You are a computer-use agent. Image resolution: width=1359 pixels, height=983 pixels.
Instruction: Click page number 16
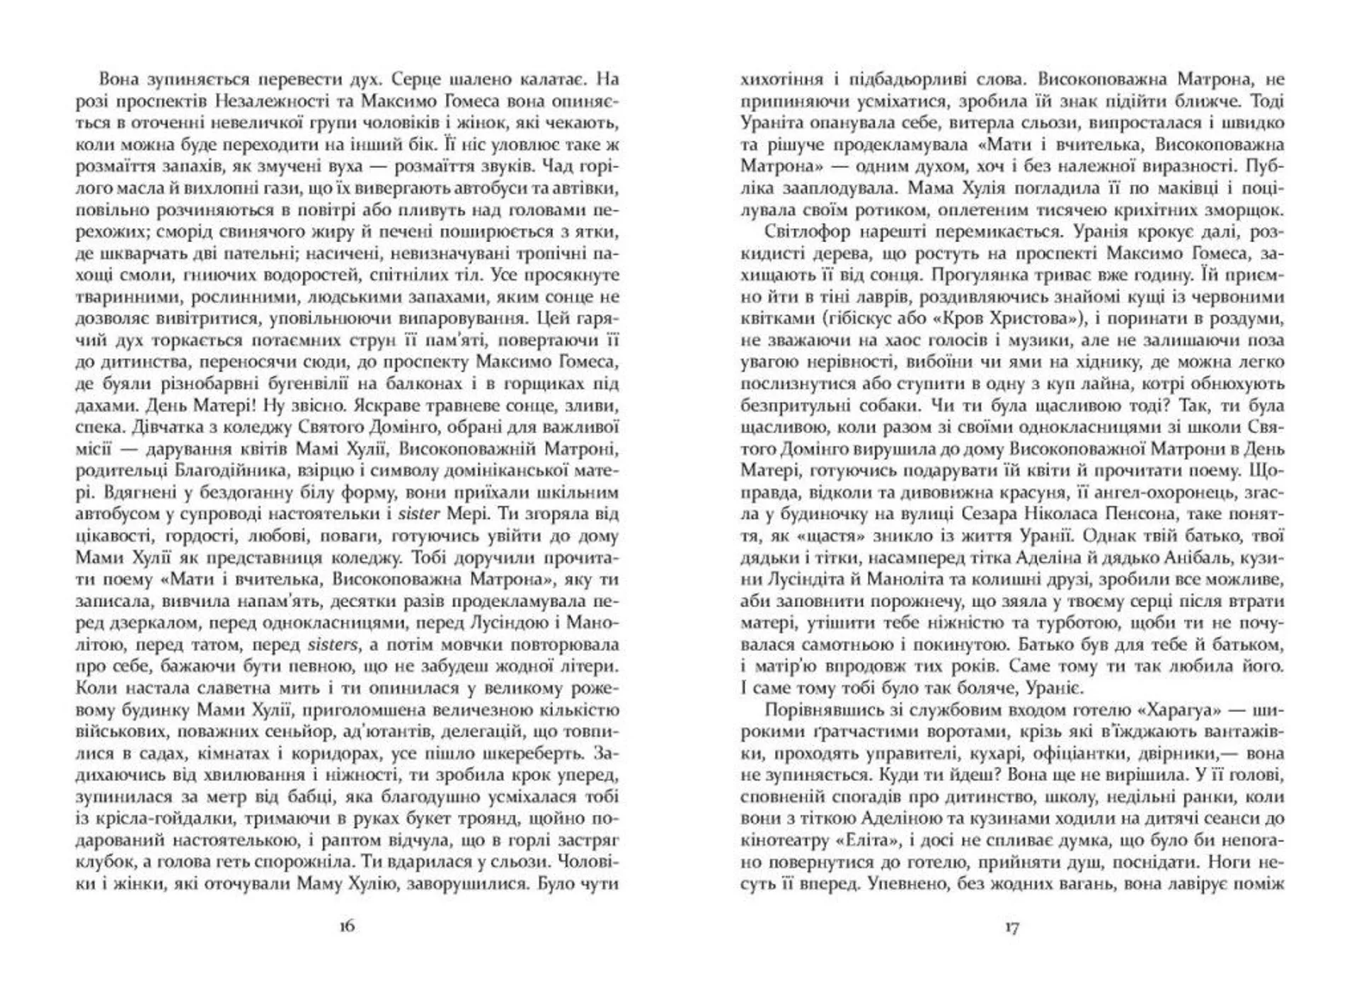347,926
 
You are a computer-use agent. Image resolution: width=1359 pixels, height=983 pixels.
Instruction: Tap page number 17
1011,926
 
